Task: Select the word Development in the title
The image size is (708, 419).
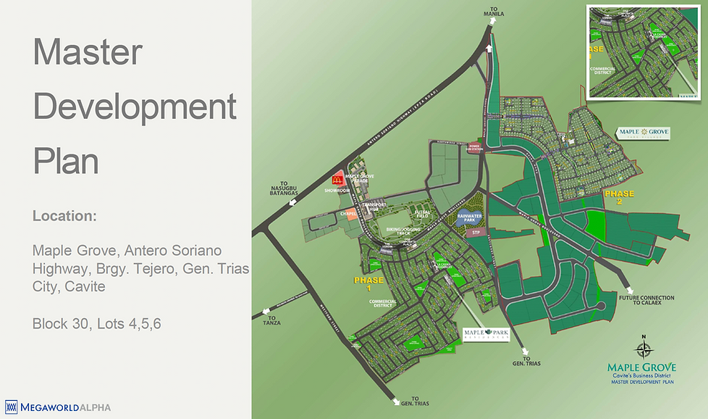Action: [x=135, y=107]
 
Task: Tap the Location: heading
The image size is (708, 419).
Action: [x=64, y=216]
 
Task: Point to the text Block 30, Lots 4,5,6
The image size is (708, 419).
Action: [x=96, y=323]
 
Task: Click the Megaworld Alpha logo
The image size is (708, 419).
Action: [x=58, y=407]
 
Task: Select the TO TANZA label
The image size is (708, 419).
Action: [x=272, y=320]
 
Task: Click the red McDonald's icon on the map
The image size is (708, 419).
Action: [x=337, y=178]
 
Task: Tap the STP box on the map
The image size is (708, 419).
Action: [x=476, y=233]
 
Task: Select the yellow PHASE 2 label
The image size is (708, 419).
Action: [x=619, y=198]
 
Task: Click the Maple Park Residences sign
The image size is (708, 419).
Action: [x=482, y=334]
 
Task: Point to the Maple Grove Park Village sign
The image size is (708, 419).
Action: [x=643, y=133]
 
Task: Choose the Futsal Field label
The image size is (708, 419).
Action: [x=423, y=213]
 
